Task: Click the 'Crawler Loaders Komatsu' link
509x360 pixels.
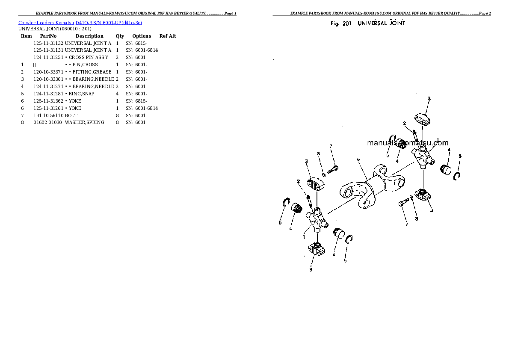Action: tap(46, 23)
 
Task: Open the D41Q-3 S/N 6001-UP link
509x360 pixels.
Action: tap(109, 23)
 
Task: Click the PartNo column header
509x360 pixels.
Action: tap(48, 36)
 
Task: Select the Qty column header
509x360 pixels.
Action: tap(120, 36)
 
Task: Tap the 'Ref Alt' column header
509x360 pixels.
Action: tap(168, 36)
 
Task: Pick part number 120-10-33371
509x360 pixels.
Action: tap(48, 72)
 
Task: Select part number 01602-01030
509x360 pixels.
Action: tap(48, 122)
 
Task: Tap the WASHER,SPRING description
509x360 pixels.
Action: tap(85, 122)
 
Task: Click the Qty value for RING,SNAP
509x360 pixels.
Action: tap(118, 94)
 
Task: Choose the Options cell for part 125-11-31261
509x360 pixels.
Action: tap(142, 108)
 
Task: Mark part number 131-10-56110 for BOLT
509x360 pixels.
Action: tap(48, 115)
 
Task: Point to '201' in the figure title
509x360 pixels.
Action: tap(347, 24)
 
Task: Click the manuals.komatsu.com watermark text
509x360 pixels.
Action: tap(408, 142)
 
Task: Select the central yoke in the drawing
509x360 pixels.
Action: tap(372, 186)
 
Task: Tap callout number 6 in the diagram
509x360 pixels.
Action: tap(358, 159)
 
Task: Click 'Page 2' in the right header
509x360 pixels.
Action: tap(485, 13)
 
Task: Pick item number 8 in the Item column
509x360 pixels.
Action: tap(22, 122)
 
